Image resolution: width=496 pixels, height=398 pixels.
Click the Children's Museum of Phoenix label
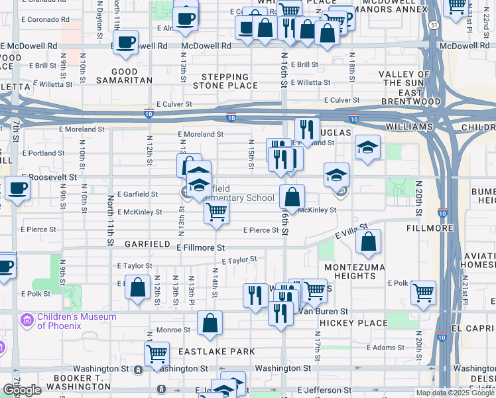pyautogui.click(x=76, y=321)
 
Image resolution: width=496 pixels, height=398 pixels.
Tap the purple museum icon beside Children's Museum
pyautogui.click(x=27, y=321)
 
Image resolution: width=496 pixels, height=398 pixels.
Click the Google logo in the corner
pyautogui.click(x=22, y=390)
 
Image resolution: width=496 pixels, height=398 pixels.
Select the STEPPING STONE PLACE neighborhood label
pyautogui.click(x=225, y=81)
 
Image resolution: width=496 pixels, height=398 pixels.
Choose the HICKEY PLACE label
pyautogui.click(x=353, y=323)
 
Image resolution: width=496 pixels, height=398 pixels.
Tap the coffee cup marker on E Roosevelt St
pyautogui.click(x=17, y=187)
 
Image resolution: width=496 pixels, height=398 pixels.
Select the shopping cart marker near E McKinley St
pyautogui.click(x=216, y=212)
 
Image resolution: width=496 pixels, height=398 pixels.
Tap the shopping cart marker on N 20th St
pyautogui.click(x=423, y=292)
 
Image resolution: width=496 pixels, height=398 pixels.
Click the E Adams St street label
pyautogui.click(x=386, y=347)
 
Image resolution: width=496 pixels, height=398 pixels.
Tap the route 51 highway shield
pyautogui.click(x=433, y=25)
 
